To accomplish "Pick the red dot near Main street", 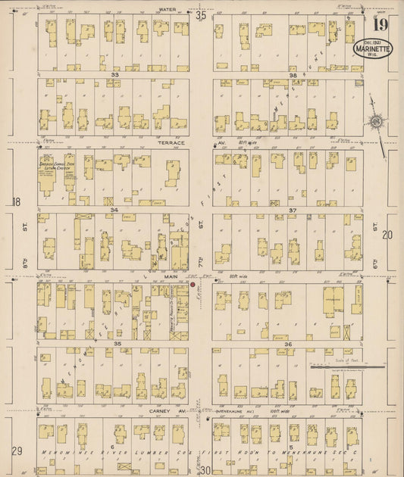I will tap(193, 285).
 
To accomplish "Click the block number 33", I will tap(114, 75).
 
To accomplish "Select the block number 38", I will tap(293, 75).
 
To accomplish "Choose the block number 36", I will tap(288, 344).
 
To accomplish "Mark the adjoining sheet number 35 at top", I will tap(201, 14).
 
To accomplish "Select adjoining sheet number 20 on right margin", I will tap(387, 235).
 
